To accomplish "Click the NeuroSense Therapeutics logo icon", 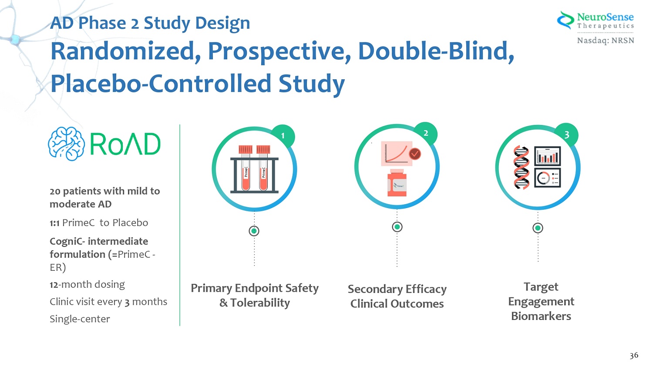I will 565,20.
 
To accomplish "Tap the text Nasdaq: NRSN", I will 606,40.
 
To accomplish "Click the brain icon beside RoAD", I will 66,144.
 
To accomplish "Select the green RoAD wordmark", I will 125,144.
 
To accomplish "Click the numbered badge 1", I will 283,135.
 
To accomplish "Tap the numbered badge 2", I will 426,133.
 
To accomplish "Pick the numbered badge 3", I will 566,135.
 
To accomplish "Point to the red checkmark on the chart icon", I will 415,154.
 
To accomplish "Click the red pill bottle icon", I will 397,183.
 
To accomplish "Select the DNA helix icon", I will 521,168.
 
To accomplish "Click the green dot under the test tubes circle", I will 254,231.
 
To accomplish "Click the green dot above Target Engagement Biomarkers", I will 538,228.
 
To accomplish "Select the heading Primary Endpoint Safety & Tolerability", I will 255,295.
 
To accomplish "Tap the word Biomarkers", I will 541,316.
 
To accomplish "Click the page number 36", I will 634,355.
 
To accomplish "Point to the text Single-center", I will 80,319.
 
